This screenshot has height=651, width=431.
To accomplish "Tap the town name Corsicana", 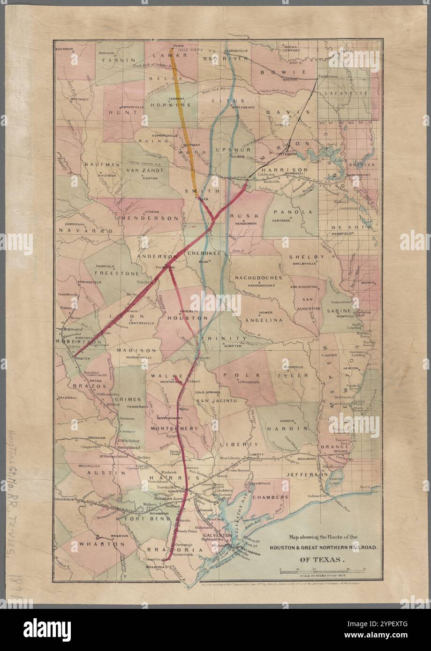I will point(72,225).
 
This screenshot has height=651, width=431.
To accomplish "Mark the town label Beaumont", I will point(308,459).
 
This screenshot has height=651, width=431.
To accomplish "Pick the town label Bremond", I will point(73,329).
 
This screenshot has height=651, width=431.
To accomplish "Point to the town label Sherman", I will point(65,49).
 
